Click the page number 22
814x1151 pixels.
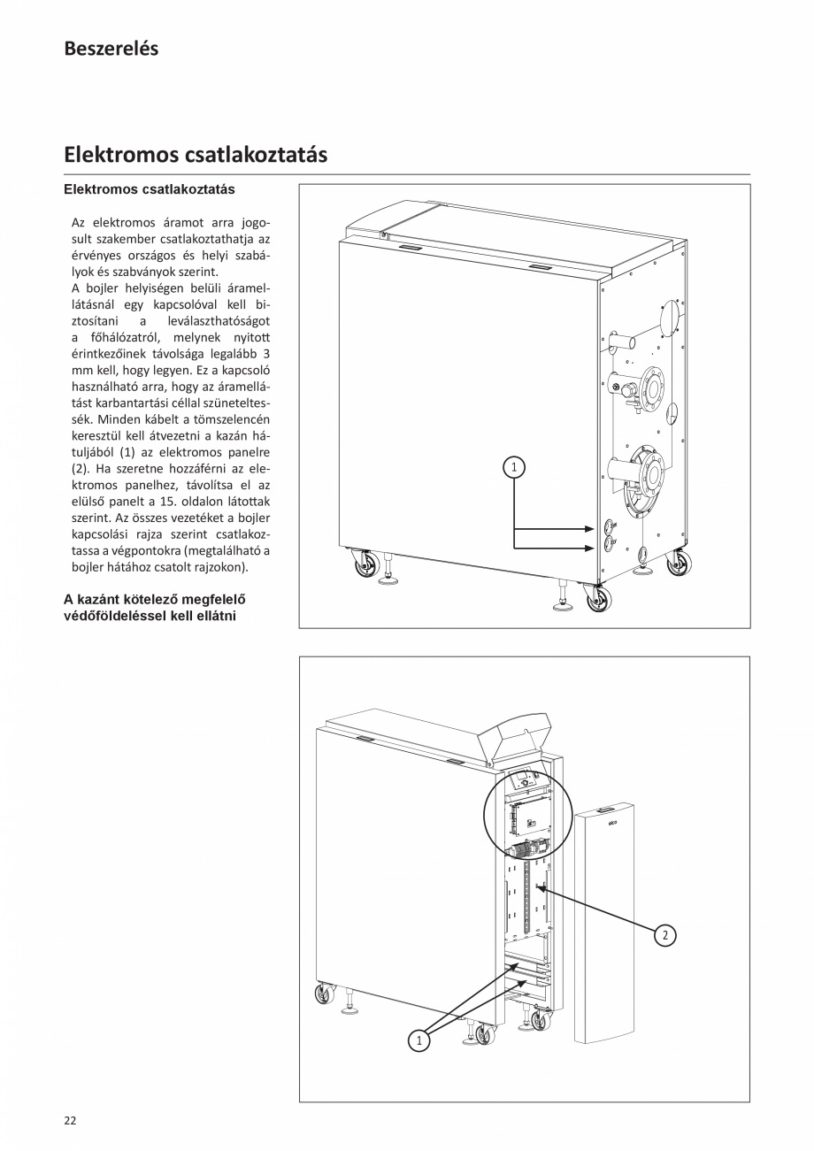(x=70, y=1120)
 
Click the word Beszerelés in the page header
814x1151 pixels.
(x=111, y=50)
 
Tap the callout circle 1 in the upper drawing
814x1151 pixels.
(x=514, y=466)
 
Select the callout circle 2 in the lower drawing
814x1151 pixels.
(x=665, y=935)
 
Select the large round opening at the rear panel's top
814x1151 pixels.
(x=668, y=318)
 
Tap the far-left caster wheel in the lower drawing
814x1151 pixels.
(x=325, y=994)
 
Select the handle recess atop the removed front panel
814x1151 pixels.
(x=605, y=810)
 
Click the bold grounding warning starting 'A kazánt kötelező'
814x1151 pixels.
(x=154, y=607)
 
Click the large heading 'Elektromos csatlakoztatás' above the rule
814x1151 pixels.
(x=196, y=155)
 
